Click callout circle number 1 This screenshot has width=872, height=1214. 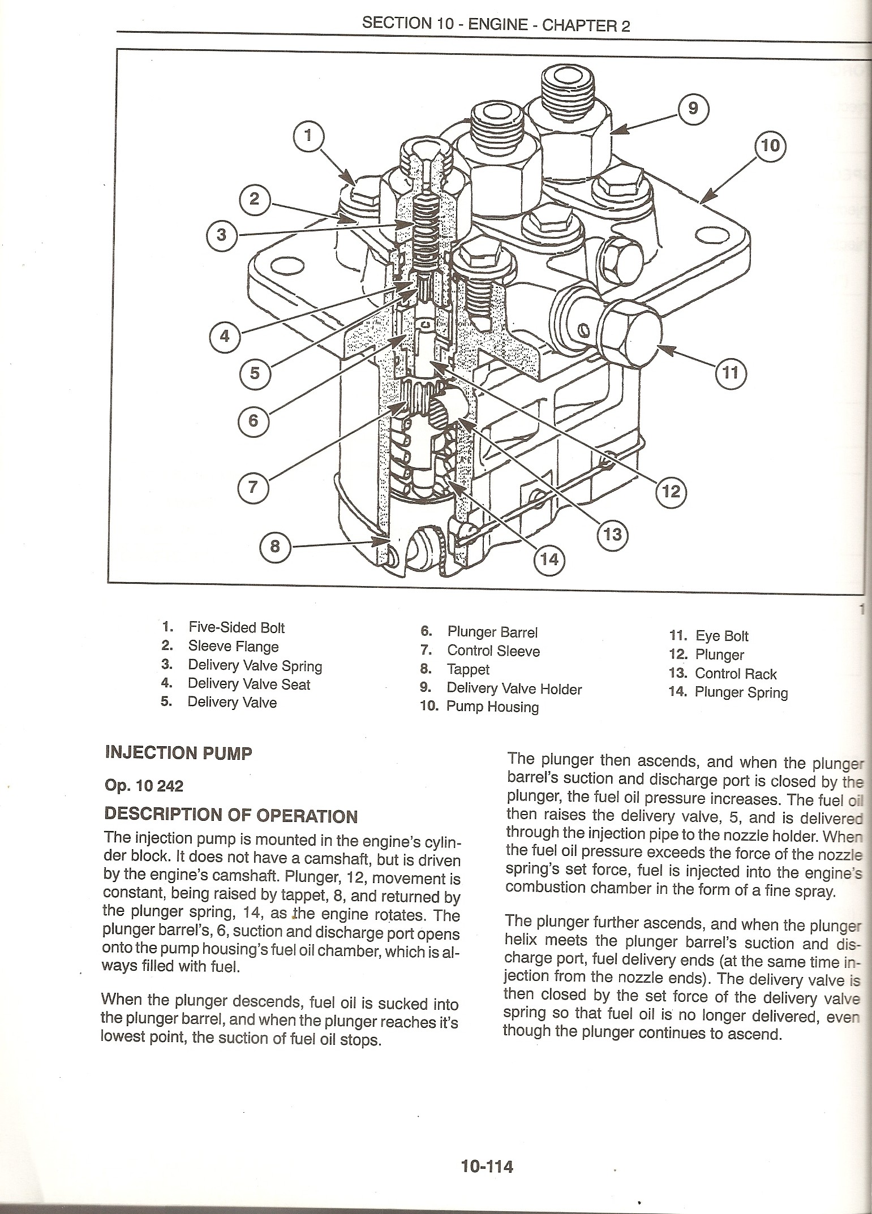tap(308, 137)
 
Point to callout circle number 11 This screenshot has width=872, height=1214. tap(730, 373)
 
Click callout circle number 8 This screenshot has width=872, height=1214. tap(274, 546)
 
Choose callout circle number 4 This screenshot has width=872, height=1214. tap(225, 337)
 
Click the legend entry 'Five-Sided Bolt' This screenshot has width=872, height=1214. tap(236, 627)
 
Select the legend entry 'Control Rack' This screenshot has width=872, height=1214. tap(735, 673)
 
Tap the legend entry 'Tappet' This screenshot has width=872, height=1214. tap(468, 669)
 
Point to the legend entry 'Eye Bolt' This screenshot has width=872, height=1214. tap(721, 636)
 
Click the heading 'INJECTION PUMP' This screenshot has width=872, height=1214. tap(178, 753)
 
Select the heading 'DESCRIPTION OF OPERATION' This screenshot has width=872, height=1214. tap(231, 815)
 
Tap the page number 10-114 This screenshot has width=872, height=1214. tap(487, 1166)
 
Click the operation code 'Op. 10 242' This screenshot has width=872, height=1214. tap(144, 785)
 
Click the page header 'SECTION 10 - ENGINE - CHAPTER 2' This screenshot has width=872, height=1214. tap(496, 24)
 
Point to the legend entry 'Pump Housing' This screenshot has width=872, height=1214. tap(492, 707)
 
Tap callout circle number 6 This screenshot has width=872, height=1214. tap(253, 420)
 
